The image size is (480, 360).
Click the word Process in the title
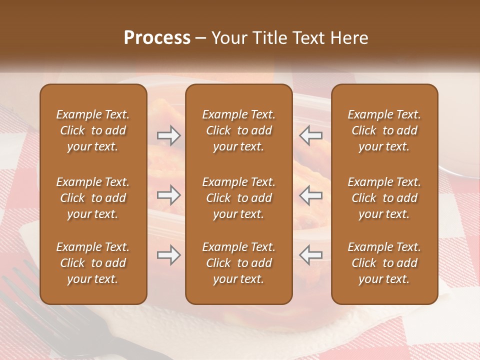coord(157,38)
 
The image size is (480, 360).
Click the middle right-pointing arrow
coord(169,195)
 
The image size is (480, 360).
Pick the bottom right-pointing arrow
coord(169,255)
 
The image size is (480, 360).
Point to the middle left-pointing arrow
coord(310,195)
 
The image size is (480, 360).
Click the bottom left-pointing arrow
coord(310,255)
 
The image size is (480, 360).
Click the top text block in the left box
coord(93,130)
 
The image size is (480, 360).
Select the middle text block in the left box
coord(93,198)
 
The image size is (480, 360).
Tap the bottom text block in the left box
coord(93,263)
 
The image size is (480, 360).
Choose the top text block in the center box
coord(238,130)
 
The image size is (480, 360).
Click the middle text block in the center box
coord(238,198)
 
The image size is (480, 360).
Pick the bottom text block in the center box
coord(238,263)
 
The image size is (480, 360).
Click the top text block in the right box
coord(384,130)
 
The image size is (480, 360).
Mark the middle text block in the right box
coord(384,198)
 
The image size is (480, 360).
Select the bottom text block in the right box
coord(384,263)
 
